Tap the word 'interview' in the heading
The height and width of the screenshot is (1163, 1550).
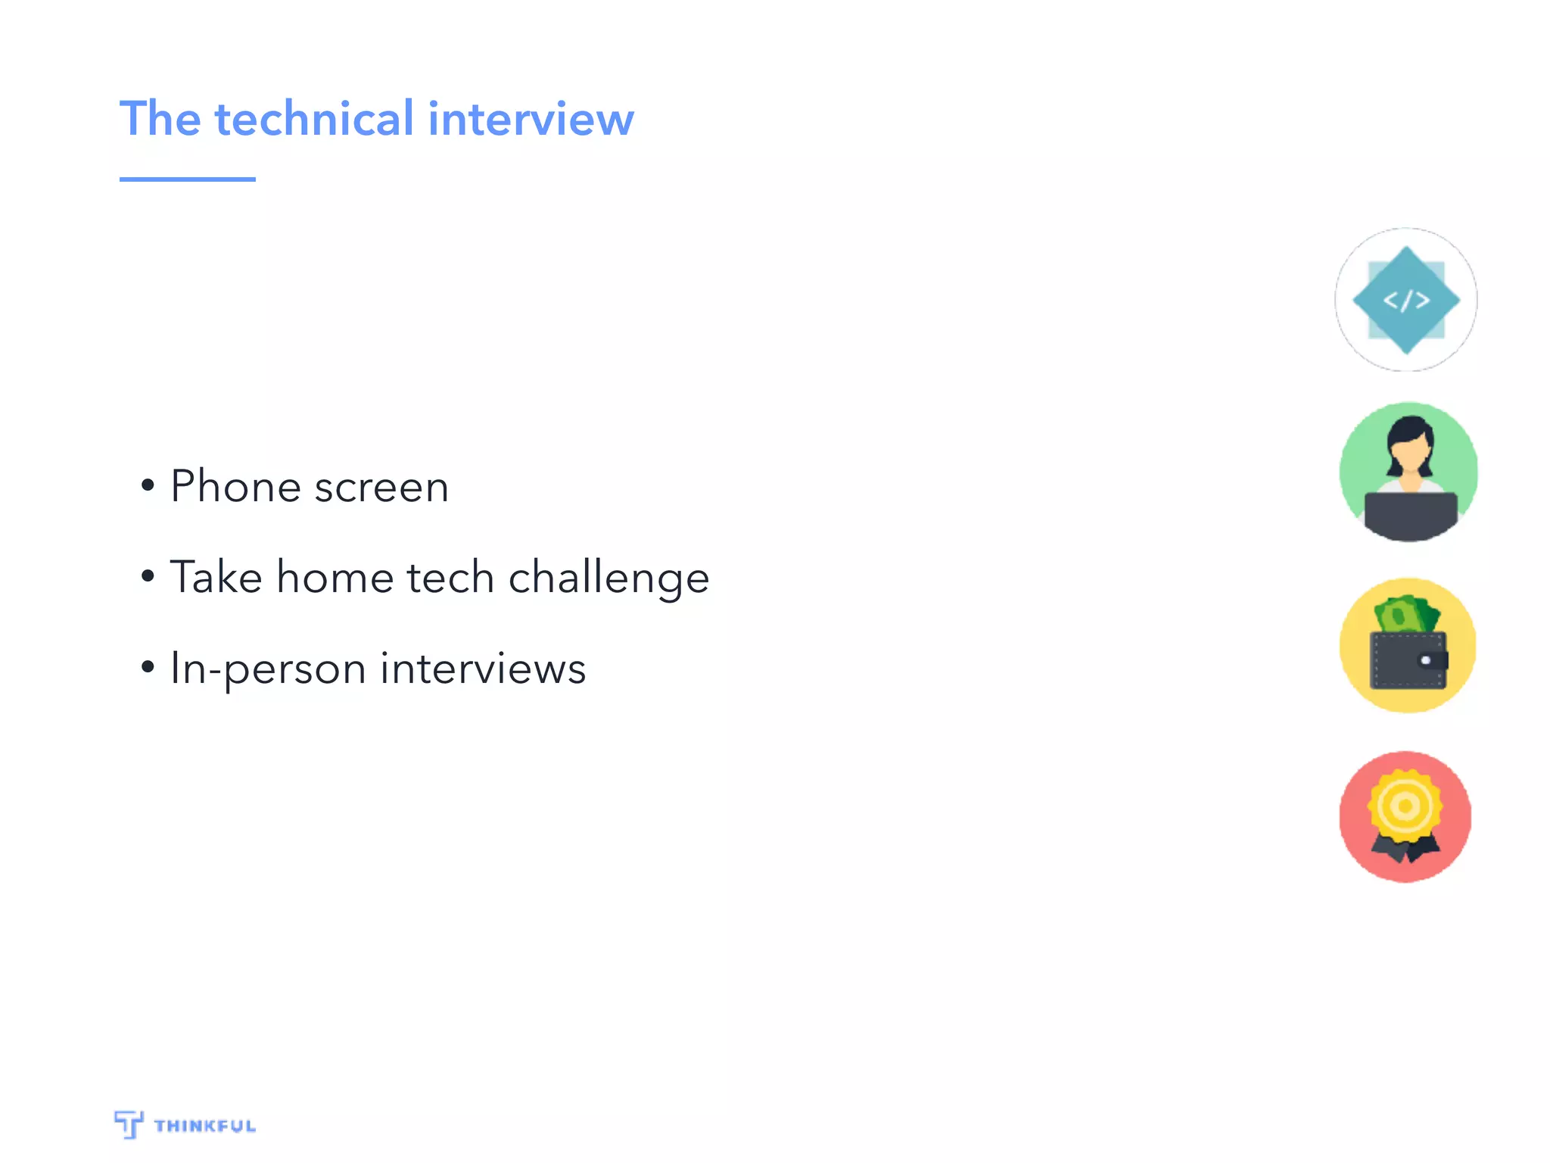531,119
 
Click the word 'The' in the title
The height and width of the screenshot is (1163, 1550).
160,119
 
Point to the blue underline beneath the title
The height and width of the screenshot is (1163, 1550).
187,179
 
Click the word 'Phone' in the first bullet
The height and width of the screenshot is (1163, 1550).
235,486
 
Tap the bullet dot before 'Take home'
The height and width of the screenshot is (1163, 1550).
148,576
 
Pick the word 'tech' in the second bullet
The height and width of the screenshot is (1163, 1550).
450,577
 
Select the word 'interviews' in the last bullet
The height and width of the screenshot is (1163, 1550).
483,669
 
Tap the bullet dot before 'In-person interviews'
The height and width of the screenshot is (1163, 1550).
148,667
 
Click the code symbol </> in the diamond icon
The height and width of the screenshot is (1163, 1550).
1406,301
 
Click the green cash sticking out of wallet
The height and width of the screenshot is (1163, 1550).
1406,614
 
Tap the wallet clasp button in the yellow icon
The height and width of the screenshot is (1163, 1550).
1426,660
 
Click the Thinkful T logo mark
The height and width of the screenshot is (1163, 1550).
129,1124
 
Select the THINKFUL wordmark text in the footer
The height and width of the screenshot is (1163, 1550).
205,1126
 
